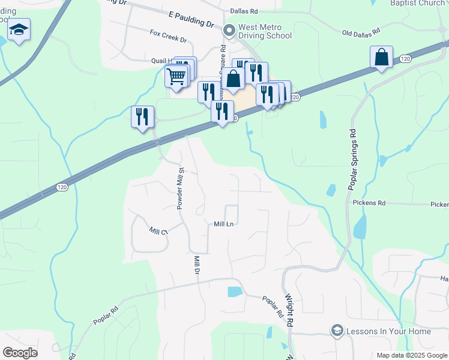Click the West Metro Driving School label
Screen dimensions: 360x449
(265, 31)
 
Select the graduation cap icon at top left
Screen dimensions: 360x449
(19, 29)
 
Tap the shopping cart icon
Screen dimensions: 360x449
(176, 76)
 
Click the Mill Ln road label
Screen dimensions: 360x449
(223, 224)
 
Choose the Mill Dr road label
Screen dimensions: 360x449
(196, 265)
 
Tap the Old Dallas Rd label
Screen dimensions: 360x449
(362, 32)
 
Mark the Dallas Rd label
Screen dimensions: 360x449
(244, 11)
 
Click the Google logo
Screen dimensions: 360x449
(20, 353)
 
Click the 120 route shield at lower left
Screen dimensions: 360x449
(62, 187)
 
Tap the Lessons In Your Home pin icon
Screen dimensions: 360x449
(337, 331)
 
